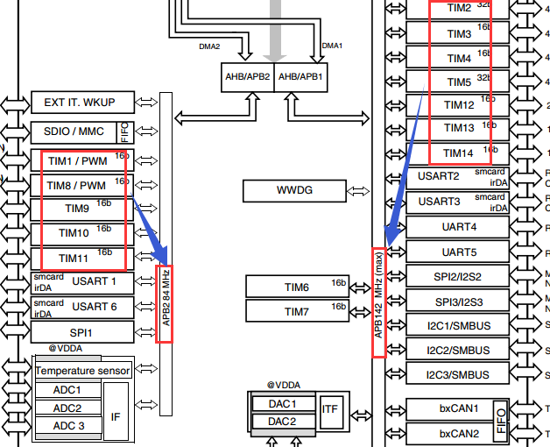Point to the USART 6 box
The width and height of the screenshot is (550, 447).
click(x=83, y=307)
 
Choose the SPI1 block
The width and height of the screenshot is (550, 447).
click(x=83, y=333)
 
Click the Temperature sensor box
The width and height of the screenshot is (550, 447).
click(x=82, y=370)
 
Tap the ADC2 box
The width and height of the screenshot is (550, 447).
click(x=67, y=408)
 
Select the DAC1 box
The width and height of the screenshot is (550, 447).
click(x=282, y=404)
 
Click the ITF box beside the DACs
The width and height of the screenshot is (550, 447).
click(x=329, y=409)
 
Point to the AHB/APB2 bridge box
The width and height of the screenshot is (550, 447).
click(x=248, y=77)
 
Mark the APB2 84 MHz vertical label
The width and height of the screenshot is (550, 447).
click(x=165, y=303)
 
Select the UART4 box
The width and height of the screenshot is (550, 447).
click(x=459, y=227)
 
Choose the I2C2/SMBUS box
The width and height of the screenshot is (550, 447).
click(x=459, y=350)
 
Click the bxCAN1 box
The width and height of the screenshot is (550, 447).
click(x=459, y=408)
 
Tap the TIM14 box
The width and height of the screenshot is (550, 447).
click(x=459, y=153)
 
